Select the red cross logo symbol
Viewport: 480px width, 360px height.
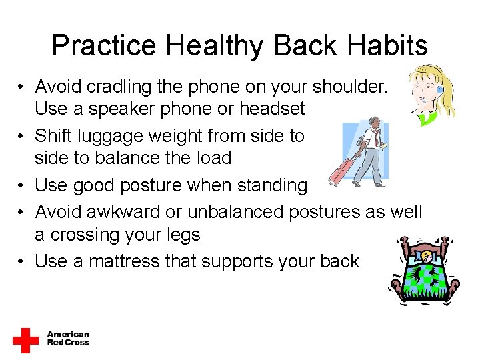25,340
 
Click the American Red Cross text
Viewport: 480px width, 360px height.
67,338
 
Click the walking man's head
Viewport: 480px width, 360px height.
375,123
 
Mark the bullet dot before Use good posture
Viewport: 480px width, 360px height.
22,186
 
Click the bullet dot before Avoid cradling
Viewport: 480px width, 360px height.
22,87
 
